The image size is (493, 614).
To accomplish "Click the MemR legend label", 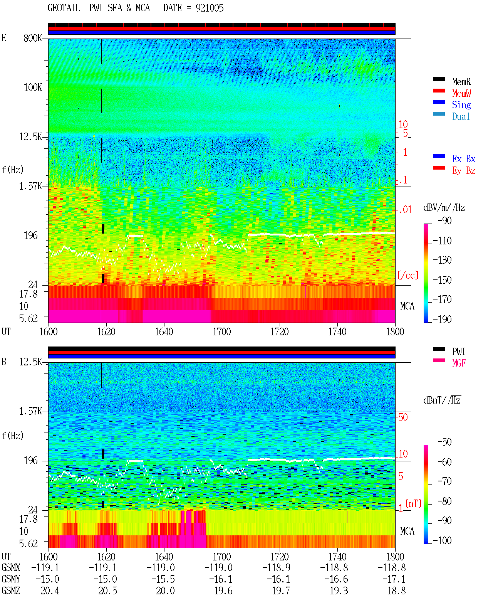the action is [461, 82].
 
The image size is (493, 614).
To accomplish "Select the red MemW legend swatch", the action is [439, 91].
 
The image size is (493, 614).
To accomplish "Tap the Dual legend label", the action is [461, 117].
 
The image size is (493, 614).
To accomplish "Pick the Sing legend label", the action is [461, 105].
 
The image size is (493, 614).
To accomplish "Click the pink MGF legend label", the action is [459, 363].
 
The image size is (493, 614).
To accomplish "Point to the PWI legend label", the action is [458, 352].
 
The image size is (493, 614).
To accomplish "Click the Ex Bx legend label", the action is [464, 159].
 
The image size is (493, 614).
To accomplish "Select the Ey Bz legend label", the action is [464, 171].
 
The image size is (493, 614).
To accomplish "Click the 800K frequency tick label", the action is [33, 38].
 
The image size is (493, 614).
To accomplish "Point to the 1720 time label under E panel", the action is [280, 331].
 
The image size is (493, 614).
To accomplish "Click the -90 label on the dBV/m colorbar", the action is [444, 220].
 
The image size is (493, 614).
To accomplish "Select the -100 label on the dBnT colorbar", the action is [442, 540].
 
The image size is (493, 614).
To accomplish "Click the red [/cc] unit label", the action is [408, 275].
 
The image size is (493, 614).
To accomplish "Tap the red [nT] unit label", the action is [413, 503].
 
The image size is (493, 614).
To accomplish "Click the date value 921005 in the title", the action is [210, 8].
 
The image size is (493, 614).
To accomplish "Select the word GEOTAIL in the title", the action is [64, 8].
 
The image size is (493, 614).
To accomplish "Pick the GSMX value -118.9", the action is [276, 568].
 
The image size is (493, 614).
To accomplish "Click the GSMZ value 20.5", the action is [107, 591].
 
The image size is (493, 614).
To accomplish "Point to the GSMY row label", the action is [11, 579].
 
